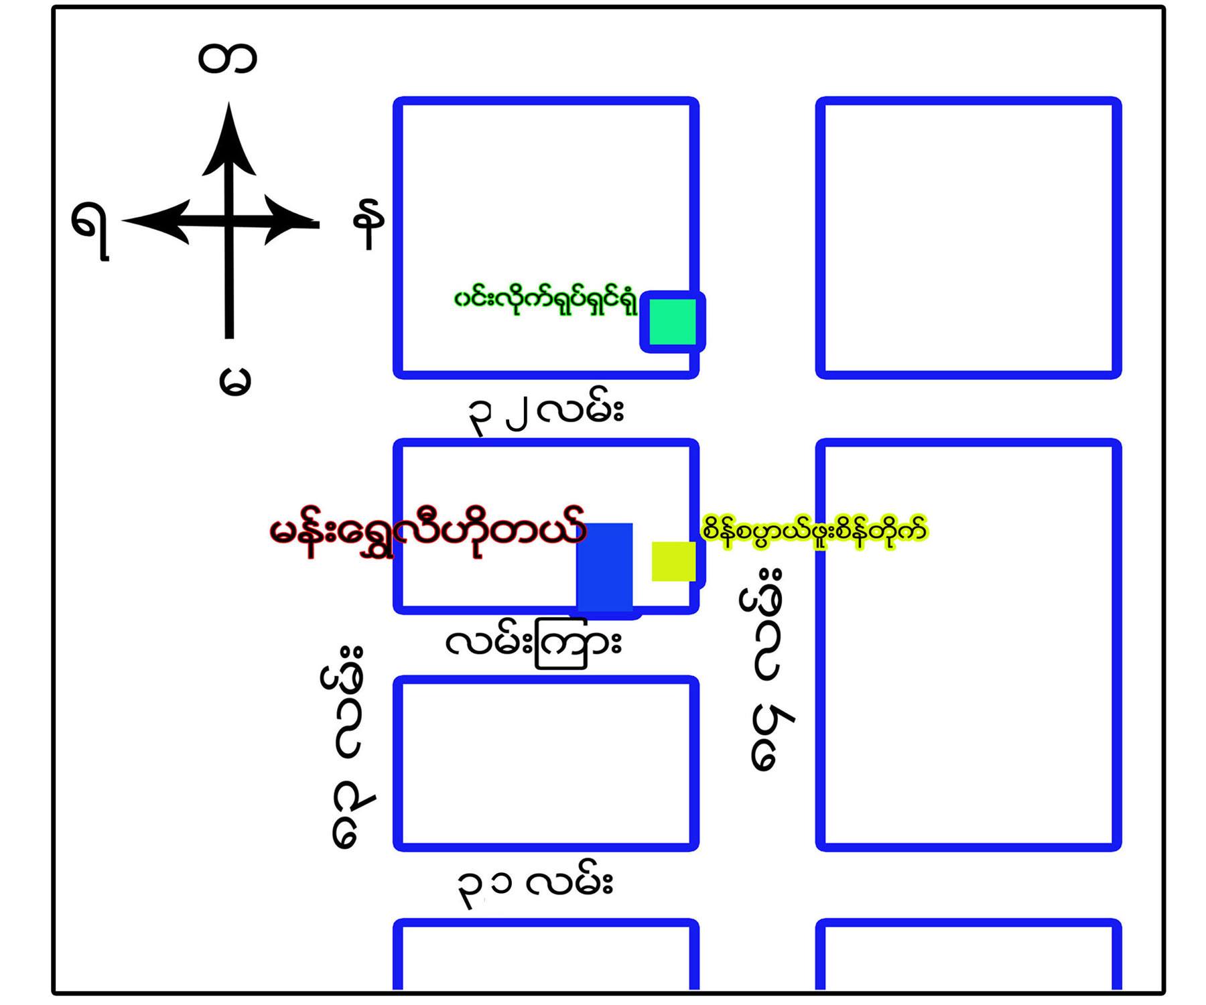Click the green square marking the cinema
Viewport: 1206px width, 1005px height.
(x=673, y=322)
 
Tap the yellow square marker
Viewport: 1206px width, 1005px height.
(x=673, y=561)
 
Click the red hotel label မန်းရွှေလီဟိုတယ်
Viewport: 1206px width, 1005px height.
(x=427, y=533)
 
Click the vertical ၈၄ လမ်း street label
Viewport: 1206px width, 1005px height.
(x=348, y=747)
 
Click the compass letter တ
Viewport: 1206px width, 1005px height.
(x=227, y=58)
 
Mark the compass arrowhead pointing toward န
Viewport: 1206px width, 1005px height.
(x=288, y=220)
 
